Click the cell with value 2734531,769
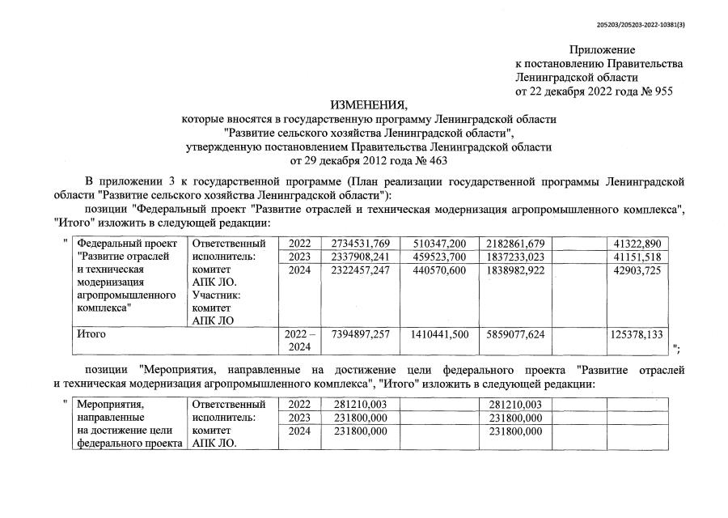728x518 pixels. click(x=361, y=243)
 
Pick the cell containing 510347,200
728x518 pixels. click(x=439, y=243)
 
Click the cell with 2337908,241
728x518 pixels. click(x=361, y=257)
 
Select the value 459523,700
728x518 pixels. click(x=439, y=257)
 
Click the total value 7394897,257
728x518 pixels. click(x=361, y=333)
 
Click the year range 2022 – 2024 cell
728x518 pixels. click(x=298, y=339)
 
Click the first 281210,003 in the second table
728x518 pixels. click(x=361, y=404)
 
